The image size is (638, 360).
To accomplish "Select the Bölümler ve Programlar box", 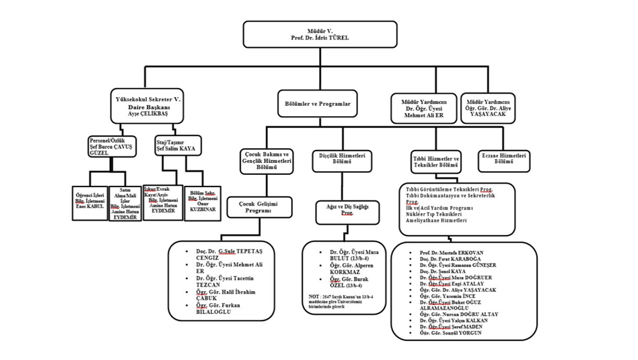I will (316, 101).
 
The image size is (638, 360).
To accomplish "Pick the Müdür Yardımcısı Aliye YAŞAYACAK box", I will (489, 107).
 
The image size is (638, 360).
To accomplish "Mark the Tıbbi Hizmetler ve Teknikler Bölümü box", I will (436, 161).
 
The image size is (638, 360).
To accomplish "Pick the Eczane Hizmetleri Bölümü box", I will (504, 160).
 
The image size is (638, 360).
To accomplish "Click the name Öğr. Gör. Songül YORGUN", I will (451, 333).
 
